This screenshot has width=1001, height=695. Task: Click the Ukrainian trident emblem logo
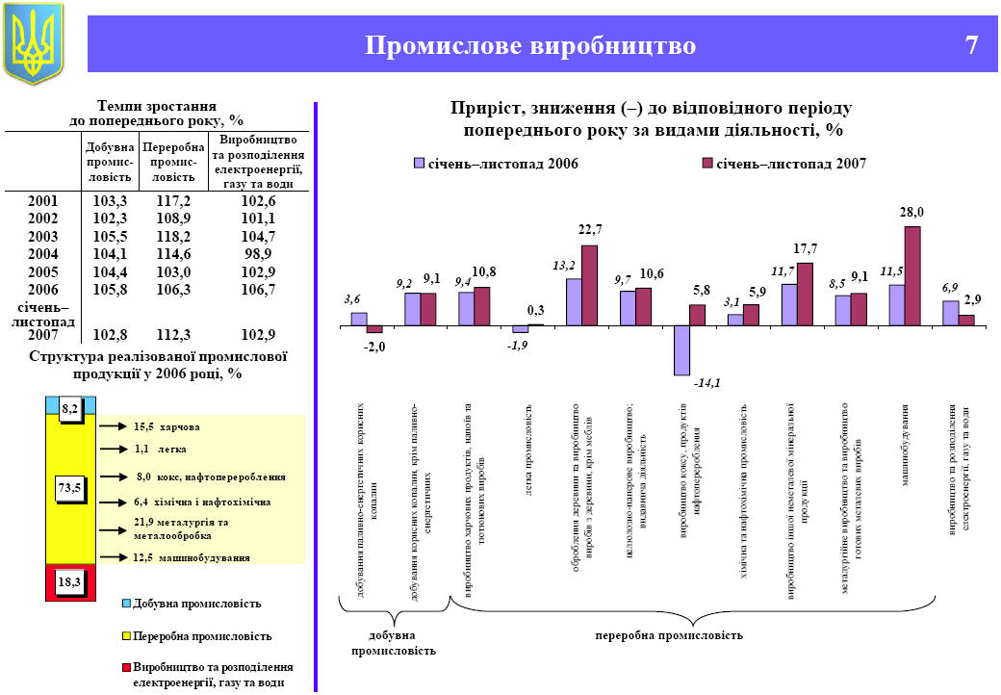pyautogui.click(x=34, y=42)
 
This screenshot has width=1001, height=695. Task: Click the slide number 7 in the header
pyautogui.click(x=971, y=45)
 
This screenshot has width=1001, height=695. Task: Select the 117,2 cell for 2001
pyautogui.click(x=173, y=201)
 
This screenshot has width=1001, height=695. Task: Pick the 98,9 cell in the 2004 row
pyautogui.click(x=258, y=254)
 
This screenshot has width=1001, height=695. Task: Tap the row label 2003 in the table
pyautogui.click(x=42, y=237)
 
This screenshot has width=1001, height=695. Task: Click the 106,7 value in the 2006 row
pyautogui.click(x=258, y=290)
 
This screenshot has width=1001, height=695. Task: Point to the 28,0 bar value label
pyautogui.click(x=911, y=212)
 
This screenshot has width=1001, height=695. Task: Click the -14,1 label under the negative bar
pyautogui.click(x=707, y=384)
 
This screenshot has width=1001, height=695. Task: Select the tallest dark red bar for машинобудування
pyautogui.click(x=912, y=276)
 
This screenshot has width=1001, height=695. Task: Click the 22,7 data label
pyautogui.click(x=590, y=230)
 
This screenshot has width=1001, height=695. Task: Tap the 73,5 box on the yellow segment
pyautogui.click(x=70, y=489)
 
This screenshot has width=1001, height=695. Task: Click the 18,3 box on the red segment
pyautogui.click(x=70, y=581)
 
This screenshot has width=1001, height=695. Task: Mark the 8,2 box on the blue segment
pyautogui.click(x=70, y=409)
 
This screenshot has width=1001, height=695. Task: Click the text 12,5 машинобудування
pyautogui.click(x=191, y=557)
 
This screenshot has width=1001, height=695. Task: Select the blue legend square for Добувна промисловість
pyautogui.click(x=126, y=604)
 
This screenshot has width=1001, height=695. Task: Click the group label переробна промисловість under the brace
pyautogui.click(x=669, y=635)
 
